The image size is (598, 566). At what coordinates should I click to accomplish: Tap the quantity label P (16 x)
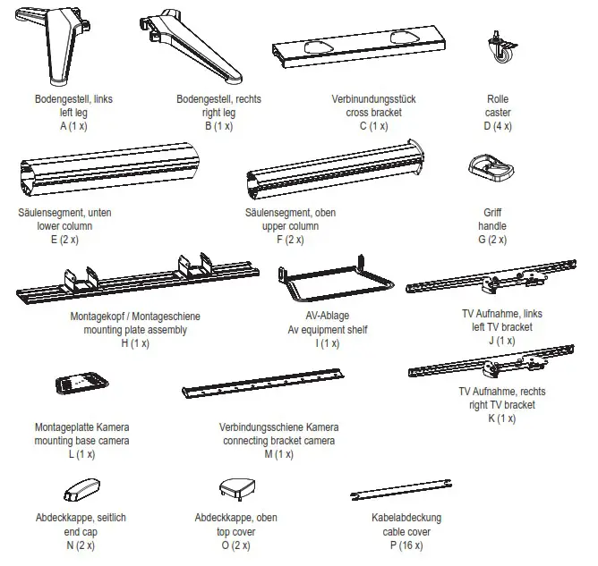(x=406, y=544)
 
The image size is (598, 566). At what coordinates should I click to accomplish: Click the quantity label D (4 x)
(x=498, y=126)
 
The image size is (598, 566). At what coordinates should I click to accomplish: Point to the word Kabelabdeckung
(x=406, y=519)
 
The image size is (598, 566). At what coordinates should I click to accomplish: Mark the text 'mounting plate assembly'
(x=135, y=329)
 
